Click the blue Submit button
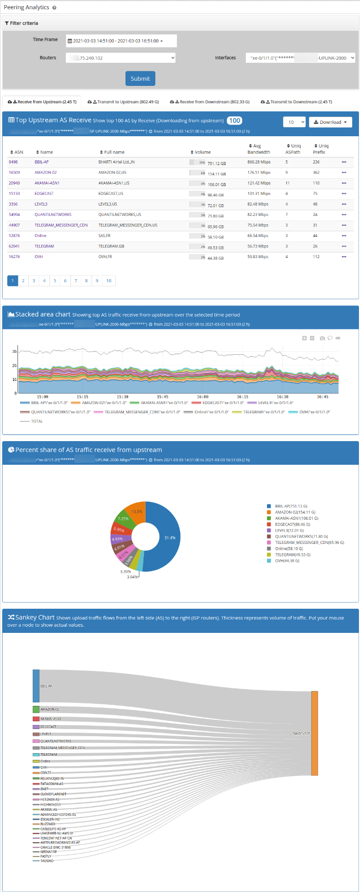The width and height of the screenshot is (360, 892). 140,79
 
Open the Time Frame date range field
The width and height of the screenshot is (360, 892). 121,41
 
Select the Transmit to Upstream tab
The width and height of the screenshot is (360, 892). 123,102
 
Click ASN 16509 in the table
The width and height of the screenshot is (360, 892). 14,172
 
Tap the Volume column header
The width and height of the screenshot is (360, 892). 202,152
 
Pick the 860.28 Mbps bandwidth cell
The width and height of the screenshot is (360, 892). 259,162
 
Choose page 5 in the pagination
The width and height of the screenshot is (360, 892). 55,281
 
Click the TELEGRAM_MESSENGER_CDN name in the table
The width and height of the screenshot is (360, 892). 61,225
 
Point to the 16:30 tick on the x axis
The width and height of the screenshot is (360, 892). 283,397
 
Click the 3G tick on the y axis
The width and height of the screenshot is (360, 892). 14,352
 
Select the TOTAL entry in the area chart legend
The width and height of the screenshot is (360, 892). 37,421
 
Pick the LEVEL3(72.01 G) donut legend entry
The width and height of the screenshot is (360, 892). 289,531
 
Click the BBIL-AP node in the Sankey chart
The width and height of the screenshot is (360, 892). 36,686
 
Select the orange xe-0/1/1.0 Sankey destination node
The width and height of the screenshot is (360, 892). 314,733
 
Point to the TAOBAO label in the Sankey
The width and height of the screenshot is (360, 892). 47,861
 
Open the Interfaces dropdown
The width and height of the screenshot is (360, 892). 300,58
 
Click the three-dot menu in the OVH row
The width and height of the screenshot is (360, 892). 344,257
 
